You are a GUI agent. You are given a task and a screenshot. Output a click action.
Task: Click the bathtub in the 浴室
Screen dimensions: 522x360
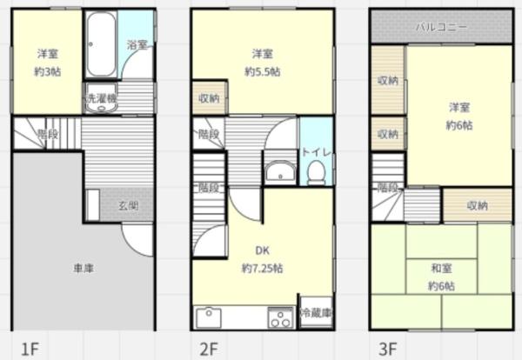pos(101,44)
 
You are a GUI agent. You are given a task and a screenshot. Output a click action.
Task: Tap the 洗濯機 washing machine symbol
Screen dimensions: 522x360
pos(101,97)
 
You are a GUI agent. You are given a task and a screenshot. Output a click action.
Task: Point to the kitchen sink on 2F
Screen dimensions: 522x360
pos(209,317)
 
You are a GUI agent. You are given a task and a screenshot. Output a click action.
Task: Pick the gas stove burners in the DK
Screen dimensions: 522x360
pos(280,317)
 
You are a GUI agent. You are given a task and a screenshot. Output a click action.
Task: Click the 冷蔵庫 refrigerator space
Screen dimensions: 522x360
pos(317,312)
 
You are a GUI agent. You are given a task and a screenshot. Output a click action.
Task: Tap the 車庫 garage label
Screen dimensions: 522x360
pos(84,268)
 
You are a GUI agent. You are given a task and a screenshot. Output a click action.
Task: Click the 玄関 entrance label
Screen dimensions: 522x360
pos(129,205)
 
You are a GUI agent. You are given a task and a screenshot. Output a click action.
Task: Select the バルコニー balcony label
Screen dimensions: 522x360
pos(441,27)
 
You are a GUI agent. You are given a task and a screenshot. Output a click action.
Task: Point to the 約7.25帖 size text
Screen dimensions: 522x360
pos(263,268)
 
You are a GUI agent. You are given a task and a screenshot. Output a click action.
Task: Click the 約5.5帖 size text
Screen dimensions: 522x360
pos(263,71)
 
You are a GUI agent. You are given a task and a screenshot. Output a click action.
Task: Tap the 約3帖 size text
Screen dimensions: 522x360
pos(48,71)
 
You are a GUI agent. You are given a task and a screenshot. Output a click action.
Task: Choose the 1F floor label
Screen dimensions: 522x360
pos(30,350)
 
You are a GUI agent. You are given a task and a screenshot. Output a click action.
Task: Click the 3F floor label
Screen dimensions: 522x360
pos(388,350)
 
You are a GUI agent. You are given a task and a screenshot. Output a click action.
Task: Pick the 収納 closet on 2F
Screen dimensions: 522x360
pos(209,98)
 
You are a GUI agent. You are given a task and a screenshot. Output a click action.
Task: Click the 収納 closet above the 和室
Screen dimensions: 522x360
pos(477,205)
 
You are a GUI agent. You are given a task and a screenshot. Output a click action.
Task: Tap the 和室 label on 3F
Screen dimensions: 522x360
pos(441,268)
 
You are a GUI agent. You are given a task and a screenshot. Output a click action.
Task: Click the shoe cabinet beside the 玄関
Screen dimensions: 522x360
pos(93,205)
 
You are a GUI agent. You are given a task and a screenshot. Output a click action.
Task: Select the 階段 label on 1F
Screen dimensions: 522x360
pos(48,134)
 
